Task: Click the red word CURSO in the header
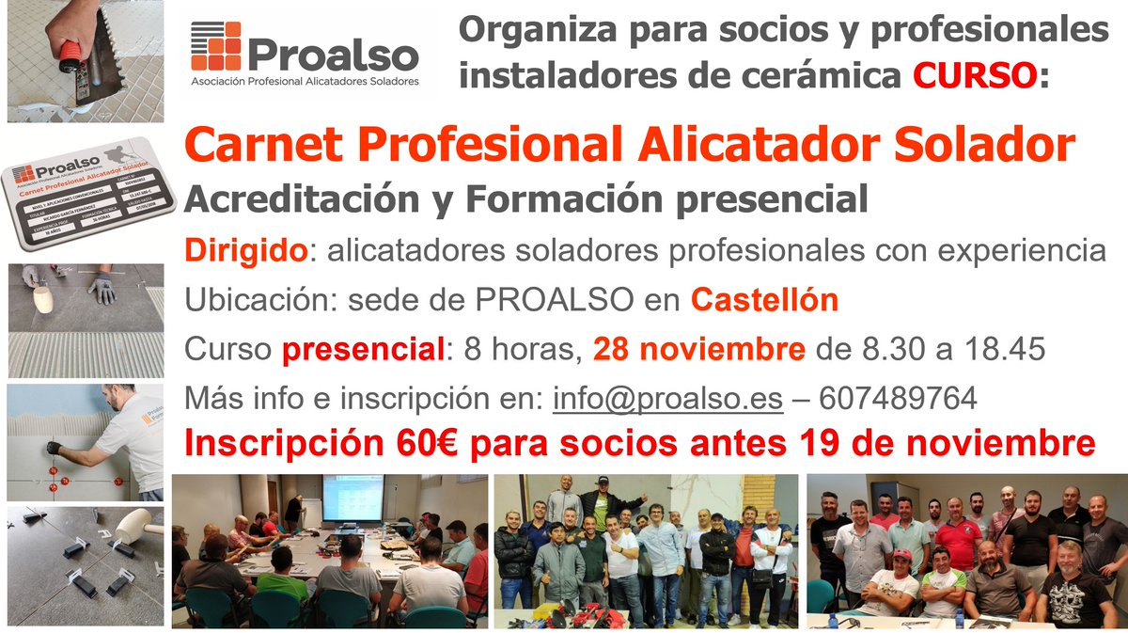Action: click(x=976, y=75)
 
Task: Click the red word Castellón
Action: click(x=764, y=300)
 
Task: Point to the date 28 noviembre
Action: click(x=698, y=350)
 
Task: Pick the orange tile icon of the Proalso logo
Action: click(x=215, y=46)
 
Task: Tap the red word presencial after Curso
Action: click(x=363, y=351)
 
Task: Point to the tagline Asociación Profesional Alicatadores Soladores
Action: click(x=305, y=82)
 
